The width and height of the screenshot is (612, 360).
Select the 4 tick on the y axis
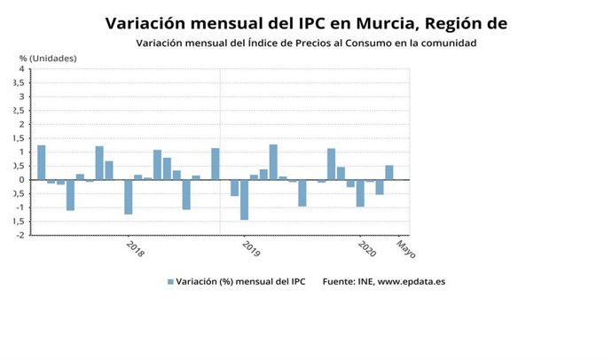[x=21, y=69]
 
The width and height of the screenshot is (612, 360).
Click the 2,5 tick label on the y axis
[x=17, y=111]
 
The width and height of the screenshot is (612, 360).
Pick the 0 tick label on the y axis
[x=21, y=180]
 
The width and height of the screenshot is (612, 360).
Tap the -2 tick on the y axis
[x=20, y=235]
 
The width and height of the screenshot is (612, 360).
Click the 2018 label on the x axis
[x=134, y=248]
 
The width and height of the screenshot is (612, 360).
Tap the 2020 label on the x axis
[x=366, y=248]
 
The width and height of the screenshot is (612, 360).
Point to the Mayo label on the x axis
[x=404, y=247]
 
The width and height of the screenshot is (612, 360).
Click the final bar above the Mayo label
[x=388, y=173]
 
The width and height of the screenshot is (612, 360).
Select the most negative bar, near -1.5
[x=244, y=200]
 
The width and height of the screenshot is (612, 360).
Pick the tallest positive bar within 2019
[x=273, y=162]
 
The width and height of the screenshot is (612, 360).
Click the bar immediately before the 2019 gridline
[x=215, y=164]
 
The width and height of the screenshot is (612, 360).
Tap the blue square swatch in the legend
[x=170, y=282]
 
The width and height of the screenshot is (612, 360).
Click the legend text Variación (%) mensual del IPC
[x=239, y=282]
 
